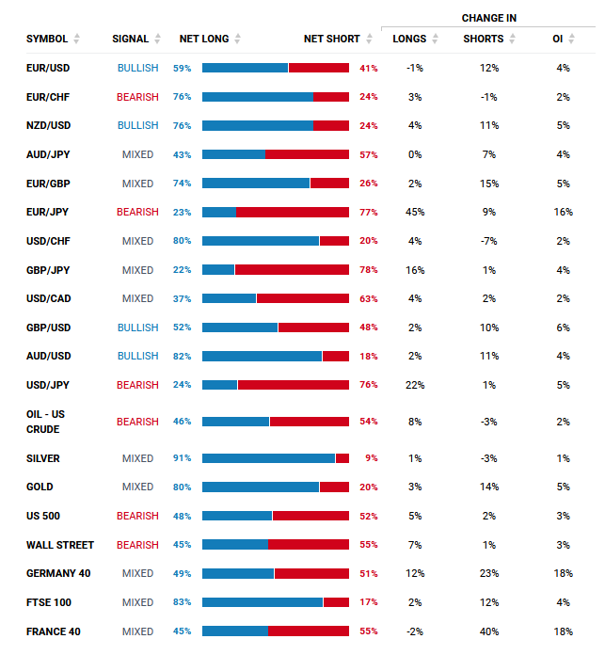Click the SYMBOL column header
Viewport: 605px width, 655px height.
[47, 39]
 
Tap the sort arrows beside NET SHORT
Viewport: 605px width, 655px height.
[369, 39]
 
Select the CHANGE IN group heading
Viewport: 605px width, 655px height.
[489, 18]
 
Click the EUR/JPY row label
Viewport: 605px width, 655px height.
[47, 212]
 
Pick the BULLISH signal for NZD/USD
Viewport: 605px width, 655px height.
[137, 125]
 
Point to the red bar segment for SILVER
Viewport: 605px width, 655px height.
[342, 458]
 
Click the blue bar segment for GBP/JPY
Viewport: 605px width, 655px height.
[218, 270]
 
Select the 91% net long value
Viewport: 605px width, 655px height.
[182, 458]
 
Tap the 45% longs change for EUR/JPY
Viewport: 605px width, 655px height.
[415, 212]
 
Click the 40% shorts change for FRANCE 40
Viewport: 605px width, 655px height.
[489, 631]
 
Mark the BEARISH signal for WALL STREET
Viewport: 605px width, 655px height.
[137, 545]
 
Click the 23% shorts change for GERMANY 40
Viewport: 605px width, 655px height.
[489, 573]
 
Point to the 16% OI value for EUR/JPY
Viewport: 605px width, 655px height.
[564, 212]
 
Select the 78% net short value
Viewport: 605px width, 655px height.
[369, 270]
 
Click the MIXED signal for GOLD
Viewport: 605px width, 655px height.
[137, 487]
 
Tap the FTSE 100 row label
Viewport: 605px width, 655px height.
[49, 602]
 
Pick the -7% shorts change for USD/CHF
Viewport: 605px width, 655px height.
[489, 241]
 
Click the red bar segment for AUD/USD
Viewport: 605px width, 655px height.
[336, 356]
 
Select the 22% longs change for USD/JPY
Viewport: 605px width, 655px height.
[415, 385]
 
